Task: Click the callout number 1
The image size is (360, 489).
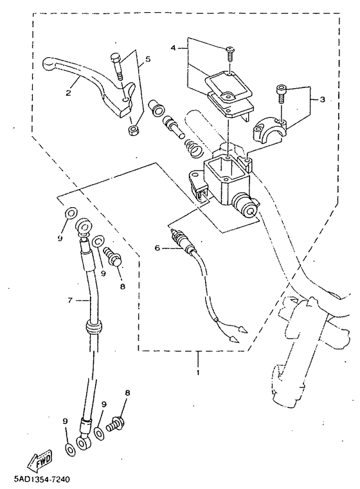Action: tap(197, 373)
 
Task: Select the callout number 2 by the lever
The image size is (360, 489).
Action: tap(68, 93)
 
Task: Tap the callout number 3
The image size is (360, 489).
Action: tap(322, 100)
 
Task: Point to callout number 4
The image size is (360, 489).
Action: tap(174, 48)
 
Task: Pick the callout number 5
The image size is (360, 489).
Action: tap(147, 59)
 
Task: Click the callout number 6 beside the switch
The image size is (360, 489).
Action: tap(157, 248)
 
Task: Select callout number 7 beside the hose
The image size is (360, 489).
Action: tap(70, 300)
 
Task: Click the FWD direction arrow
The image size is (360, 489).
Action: tap(40, 459)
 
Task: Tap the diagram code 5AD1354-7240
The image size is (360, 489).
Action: tap(41, 479)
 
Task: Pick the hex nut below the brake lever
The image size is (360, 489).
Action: tap(133, 130)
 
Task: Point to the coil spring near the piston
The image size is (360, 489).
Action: tap(194, 147)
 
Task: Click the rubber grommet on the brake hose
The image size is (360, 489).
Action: tap(94, 326)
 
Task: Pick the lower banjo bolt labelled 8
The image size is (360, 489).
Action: tap(116, 424)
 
